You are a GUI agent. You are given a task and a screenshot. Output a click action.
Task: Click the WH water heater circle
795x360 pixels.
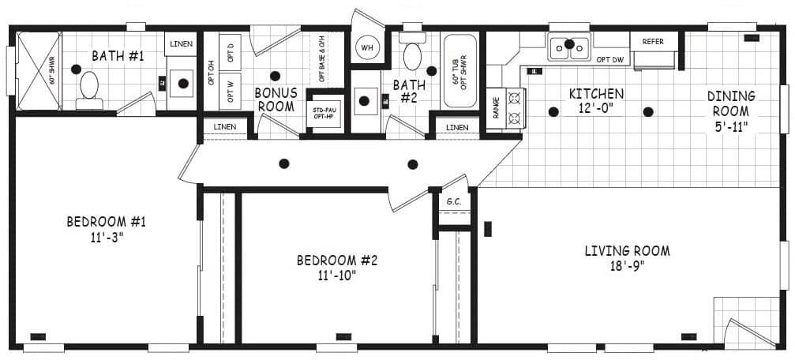coord(367,47)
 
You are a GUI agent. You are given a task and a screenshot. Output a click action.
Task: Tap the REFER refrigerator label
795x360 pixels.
coord(653,41)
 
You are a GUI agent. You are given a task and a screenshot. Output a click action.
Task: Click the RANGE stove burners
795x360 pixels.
coord(515,107)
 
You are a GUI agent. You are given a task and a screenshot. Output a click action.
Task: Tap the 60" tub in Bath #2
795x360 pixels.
coord(459,70)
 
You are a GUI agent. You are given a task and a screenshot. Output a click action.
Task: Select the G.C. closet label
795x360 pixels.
coord(454,201)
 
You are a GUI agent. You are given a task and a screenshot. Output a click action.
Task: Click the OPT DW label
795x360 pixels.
coord(610,59)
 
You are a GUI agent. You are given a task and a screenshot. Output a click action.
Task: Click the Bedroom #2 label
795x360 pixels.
coord(337,260)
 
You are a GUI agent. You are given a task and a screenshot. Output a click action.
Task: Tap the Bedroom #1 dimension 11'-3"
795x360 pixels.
coord(106,237)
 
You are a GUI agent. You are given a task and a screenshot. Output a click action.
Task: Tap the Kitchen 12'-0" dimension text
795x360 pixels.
coord(596,108)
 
